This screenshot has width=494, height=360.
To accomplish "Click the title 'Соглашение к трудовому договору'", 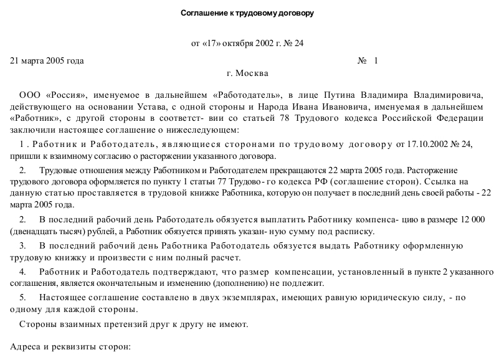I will click(247, 13).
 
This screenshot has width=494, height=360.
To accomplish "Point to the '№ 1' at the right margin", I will click(368, 61).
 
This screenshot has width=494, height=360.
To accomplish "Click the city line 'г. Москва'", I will click(248, 73).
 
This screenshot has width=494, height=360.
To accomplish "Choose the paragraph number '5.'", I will click(23, 298).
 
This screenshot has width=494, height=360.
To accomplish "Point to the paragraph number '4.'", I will click(23, 272).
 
